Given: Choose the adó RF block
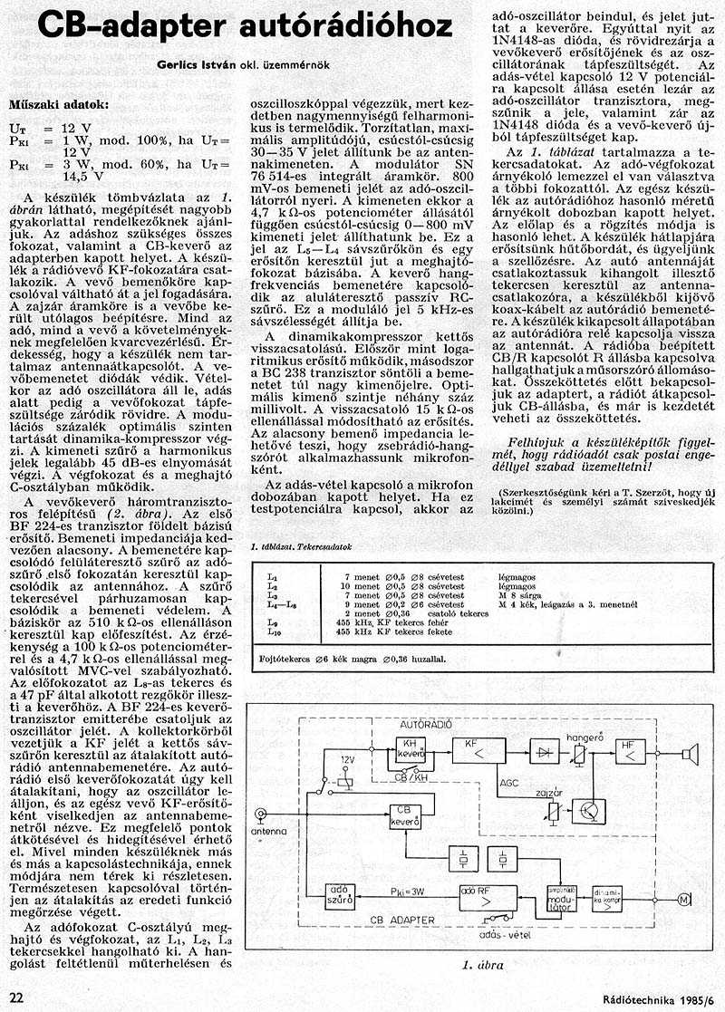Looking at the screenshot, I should [488, 897].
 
